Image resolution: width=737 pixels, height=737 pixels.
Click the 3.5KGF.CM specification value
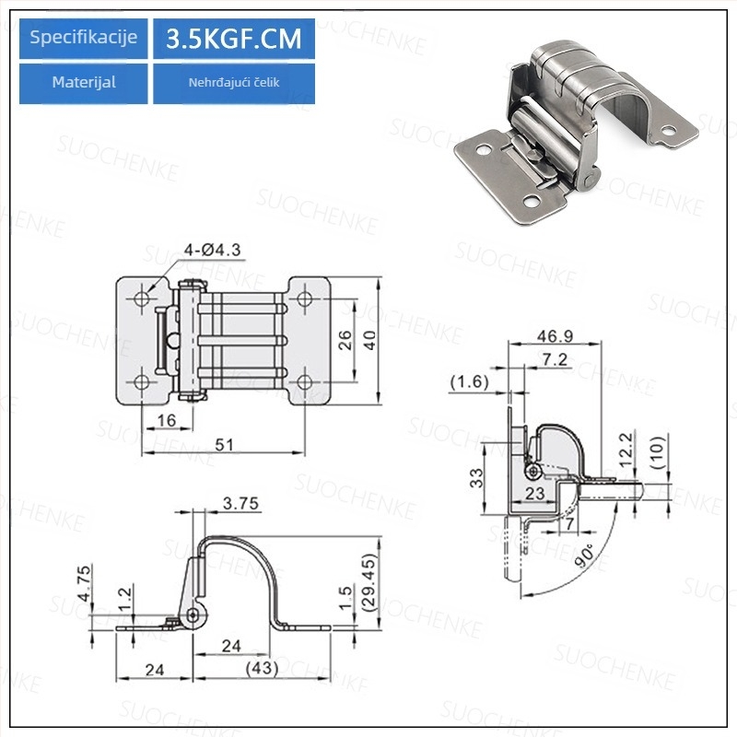[234, 39]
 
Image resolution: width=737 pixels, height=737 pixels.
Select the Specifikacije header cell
[83, 39]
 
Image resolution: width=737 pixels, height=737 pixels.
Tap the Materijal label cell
[83, 83]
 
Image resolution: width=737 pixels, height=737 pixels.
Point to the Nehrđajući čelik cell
[234, 83]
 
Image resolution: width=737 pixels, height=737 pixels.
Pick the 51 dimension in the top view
[224, 444]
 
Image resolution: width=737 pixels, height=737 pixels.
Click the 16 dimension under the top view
[167, 420]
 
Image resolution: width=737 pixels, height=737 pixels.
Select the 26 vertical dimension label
[345, 340]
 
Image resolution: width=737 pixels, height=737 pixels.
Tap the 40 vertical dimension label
[370, 340]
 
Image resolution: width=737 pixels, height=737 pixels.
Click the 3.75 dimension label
[240, 503]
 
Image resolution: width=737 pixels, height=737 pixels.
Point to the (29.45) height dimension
[370, 582]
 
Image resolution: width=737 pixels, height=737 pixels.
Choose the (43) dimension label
[262, 668]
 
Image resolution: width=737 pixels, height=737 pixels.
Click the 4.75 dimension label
[84, 583]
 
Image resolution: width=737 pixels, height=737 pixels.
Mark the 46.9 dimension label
[556, 336]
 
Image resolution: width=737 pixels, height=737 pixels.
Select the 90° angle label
[584, 556]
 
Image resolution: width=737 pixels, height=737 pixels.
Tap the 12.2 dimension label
[626, 450]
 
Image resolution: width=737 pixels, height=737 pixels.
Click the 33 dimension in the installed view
[476, 478]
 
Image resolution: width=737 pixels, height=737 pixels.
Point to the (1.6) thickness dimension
[469, 381]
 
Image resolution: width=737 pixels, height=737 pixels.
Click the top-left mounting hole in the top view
[142, 298]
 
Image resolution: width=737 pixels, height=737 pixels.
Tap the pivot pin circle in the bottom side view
[193, 614]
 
